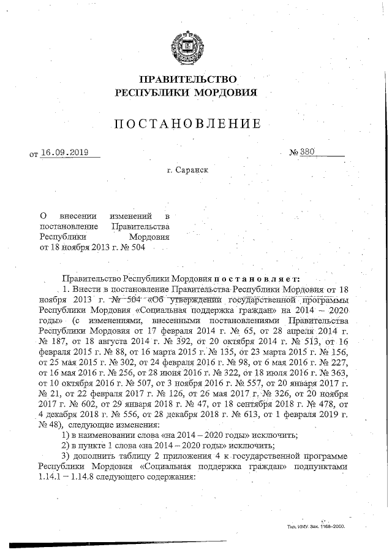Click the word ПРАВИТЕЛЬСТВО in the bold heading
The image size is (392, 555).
(x=187, y=80)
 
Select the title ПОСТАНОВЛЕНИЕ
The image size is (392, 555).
(x=187, y=124)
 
